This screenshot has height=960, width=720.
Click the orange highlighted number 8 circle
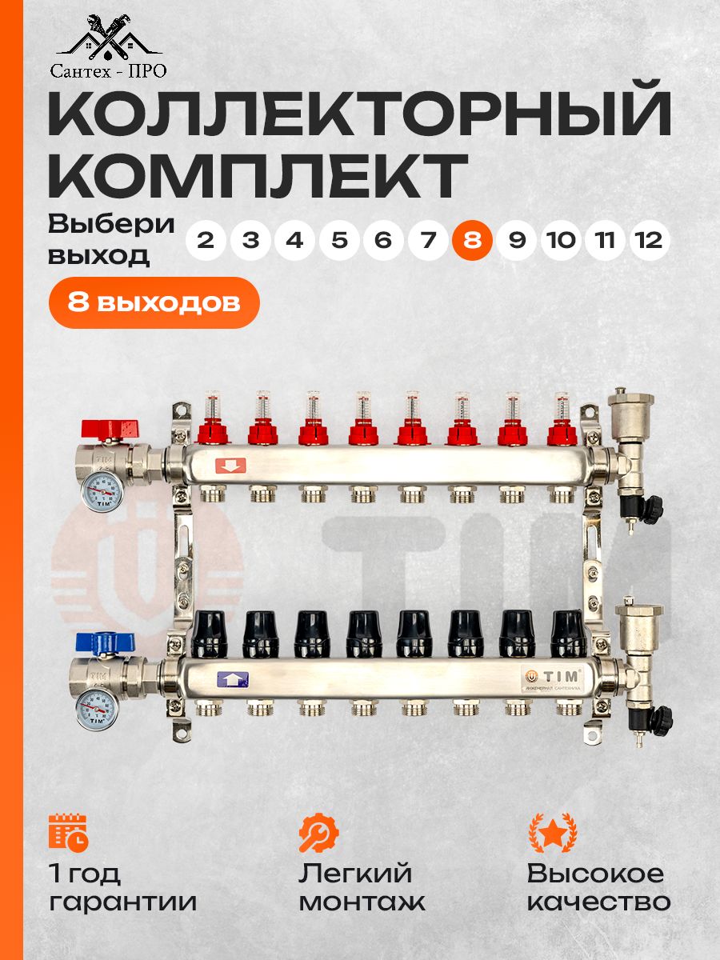click(x=472, y=240)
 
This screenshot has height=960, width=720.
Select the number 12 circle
click(x=650, y=240)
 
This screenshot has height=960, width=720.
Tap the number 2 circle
click(x=206, y=240)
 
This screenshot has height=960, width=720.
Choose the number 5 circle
click(x=338, y=240)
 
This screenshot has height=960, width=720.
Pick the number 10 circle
click(x=561, y=240)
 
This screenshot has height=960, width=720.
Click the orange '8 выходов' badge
click(x=154, y=302)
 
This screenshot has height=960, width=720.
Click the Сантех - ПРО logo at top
click(x=109, y=46)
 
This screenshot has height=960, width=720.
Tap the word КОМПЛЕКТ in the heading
click(x=257, y=176)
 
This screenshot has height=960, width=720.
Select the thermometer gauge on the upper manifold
click(x=102, y=491)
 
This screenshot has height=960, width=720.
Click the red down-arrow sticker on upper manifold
click(x=230, y=466)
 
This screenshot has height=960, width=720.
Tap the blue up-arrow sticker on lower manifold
click(x=233, y=679)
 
